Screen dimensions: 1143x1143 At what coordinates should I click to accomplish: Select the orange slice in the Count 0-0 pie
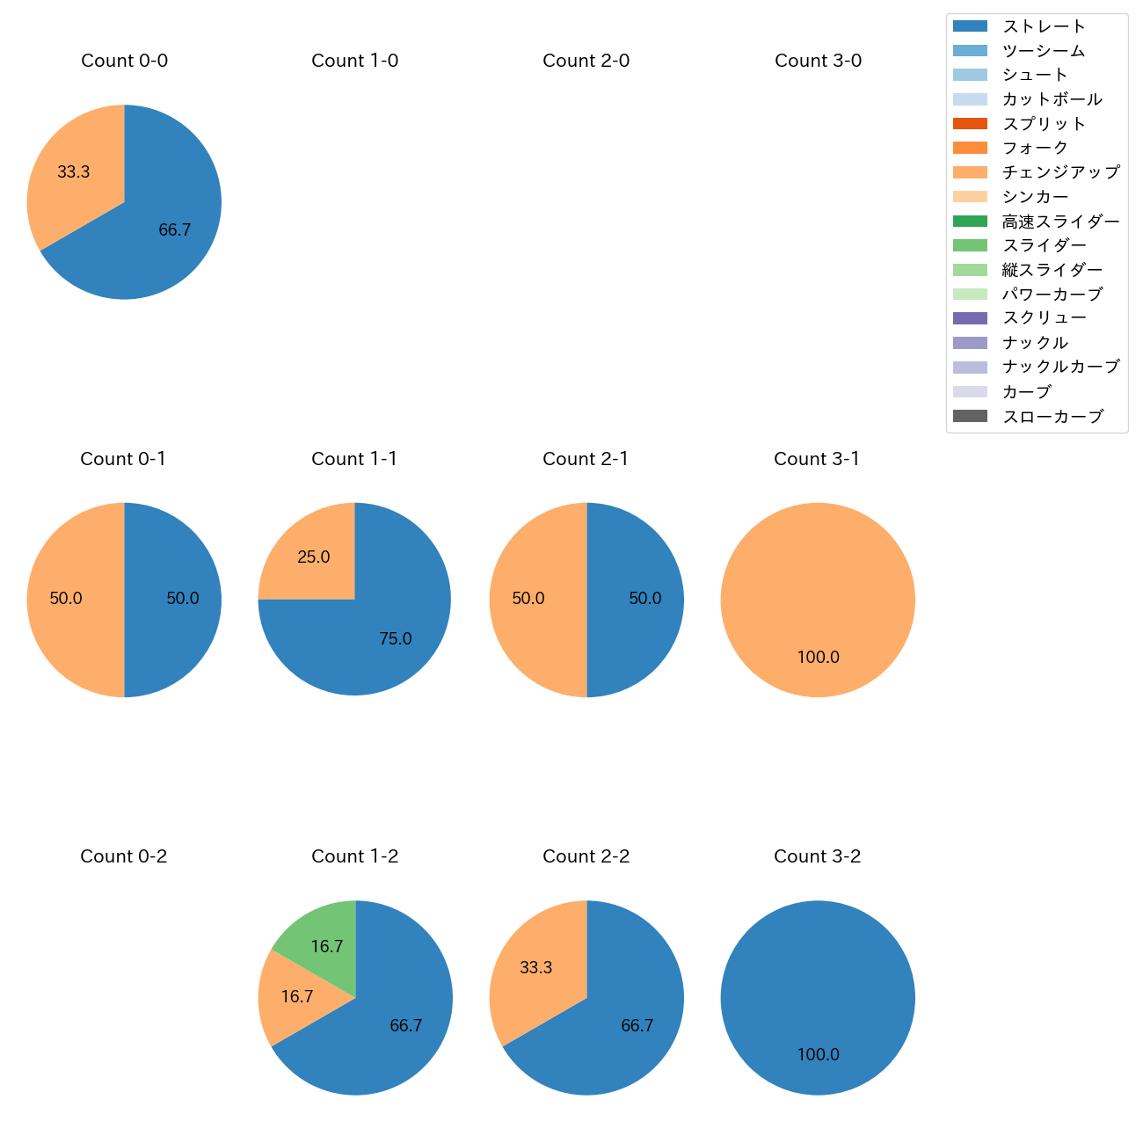[75, 176]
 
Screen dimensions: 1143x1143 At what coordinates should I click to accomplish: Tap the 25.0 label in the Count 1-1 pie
[314, 557]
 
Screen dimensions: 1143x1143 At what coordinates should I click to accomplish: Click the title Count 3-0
[818, 61]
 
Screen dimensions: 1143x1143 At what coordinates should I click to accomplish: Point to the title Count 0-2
[124, 856]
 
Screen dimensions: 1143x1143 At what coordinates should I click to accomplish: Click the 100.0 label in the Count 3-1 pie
[819, 657]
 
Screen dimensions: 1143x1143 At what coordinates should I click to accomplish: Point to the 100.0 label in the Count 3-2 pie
[819, 1054]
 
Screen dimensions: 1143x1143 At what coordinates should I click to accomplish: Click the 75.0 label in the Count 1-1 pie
[396, 639]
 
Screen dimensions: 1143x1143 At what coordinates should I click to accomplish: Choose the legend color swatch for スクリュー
[970, 318]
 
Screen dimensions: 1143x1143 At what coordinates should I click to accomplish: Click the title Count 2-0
[586, 61]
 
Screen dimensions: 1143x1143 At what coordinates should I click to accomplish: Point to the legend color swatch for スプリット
[970, 124]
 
